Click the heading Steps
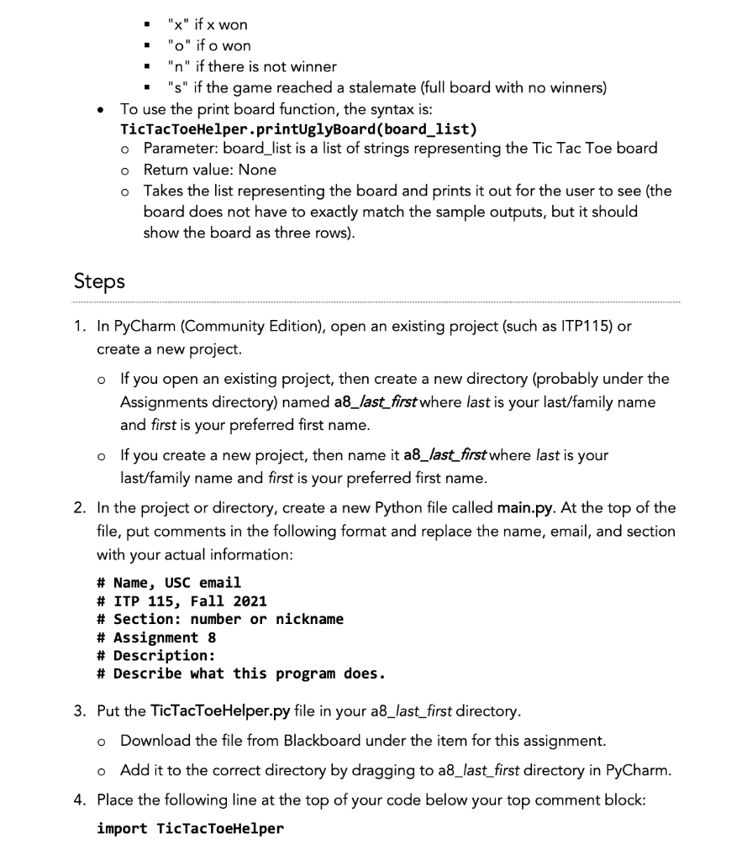click(99, 281)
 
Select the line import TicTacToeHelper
click(190, 829)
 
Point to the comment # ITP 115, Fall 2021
click(181, 600)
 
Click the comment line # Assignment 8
click(156, 637)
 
